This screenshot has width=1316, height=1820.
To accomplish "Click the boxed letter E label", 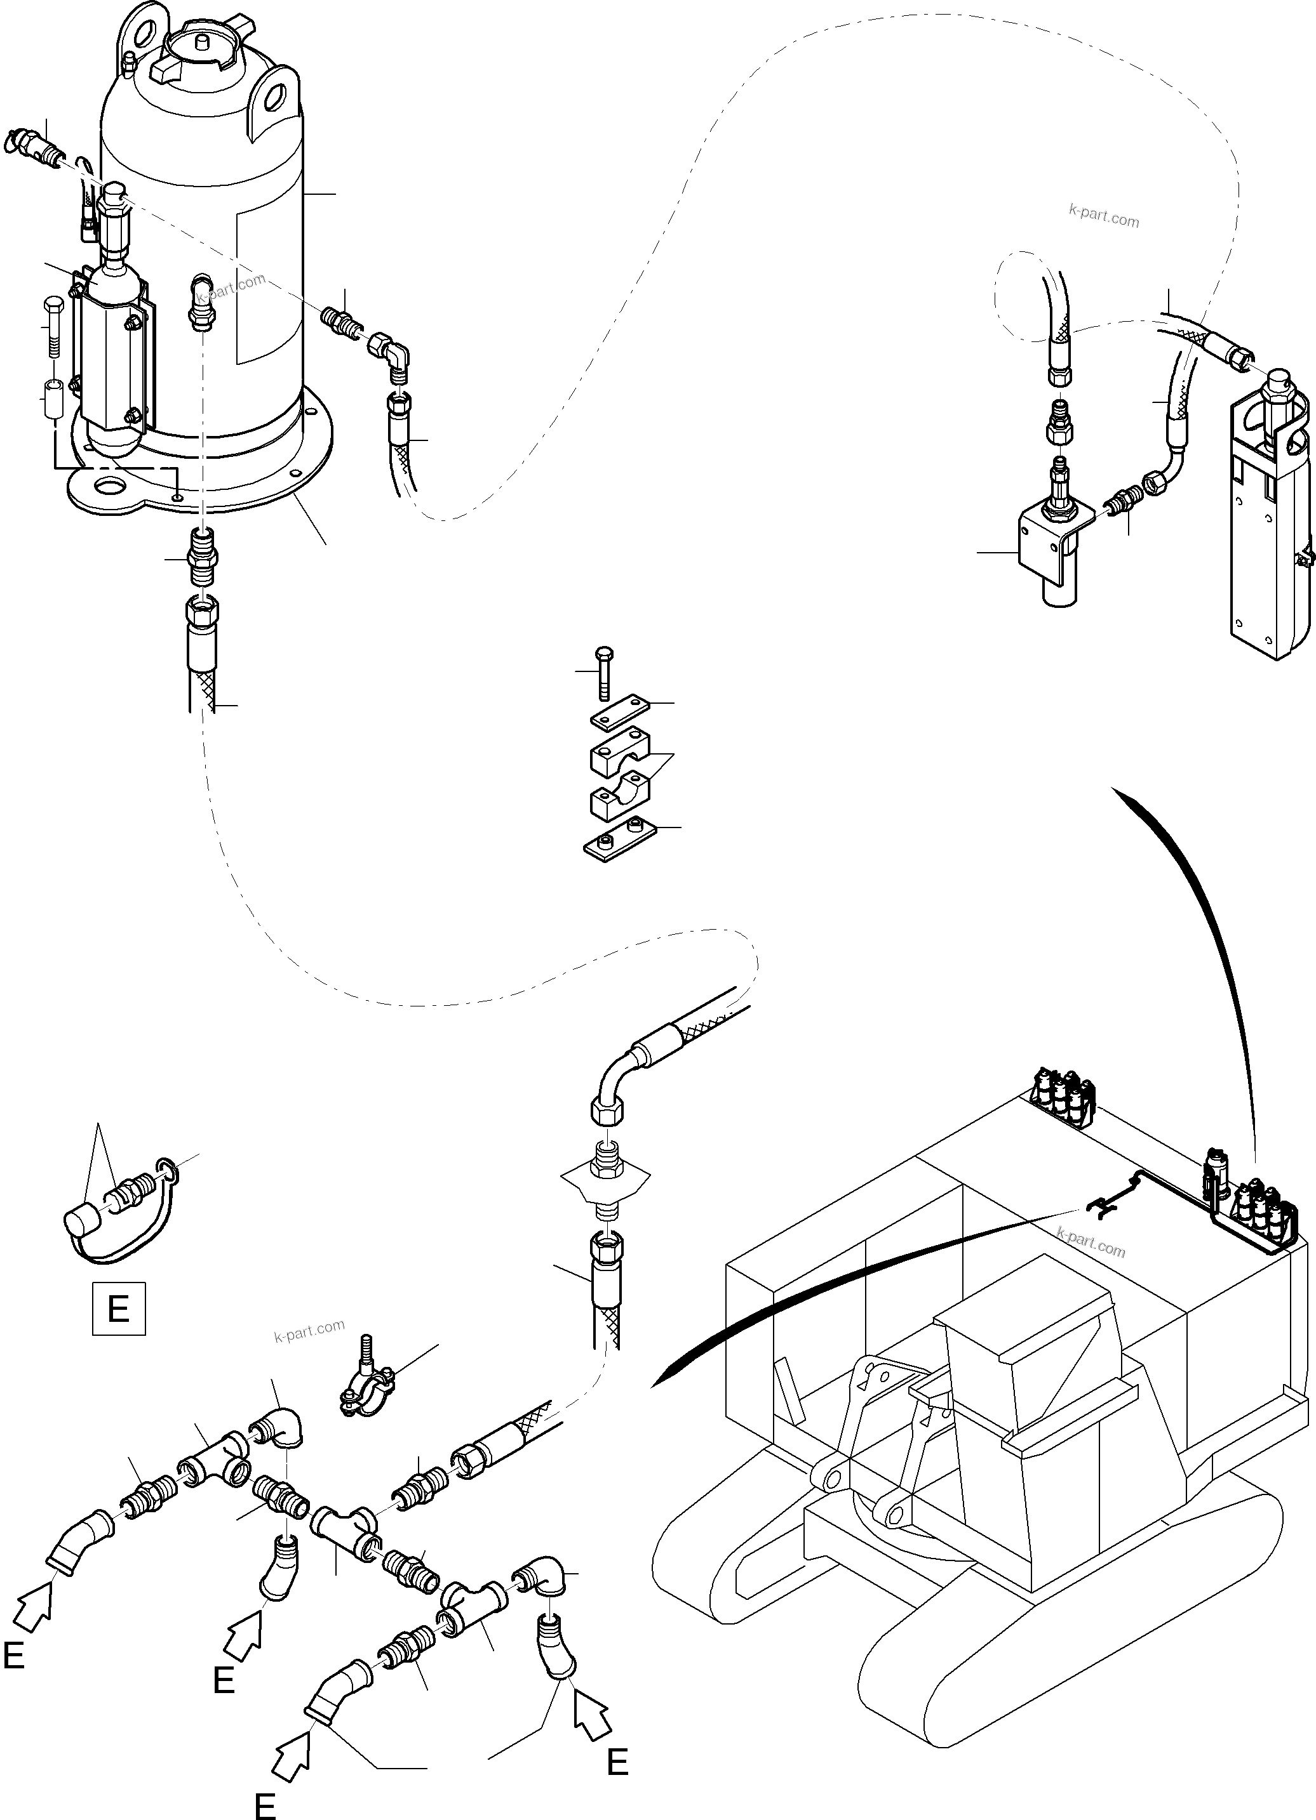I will tap(119, 1309).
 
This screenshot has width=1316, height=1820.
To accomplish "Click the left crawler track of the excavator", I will tap(723, 1557).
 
